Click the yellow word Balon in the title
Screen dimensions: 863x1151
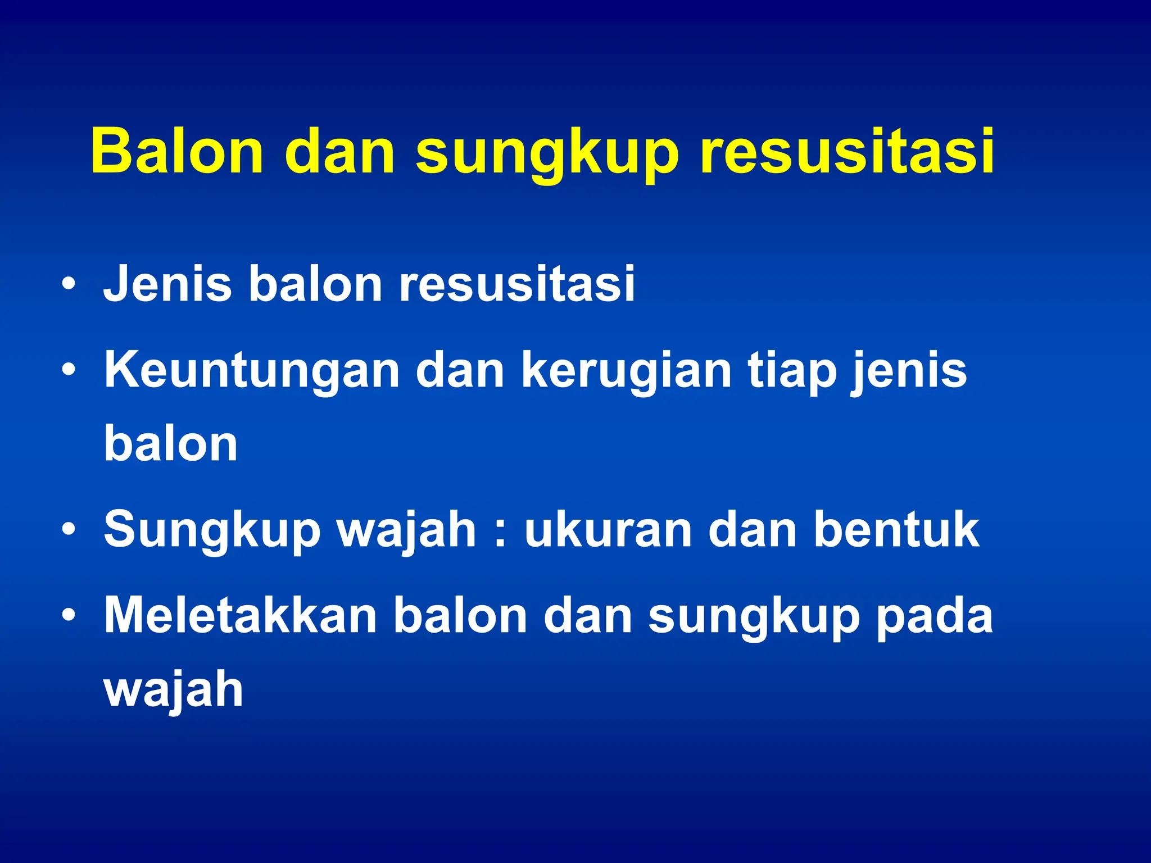[x=176, y=152]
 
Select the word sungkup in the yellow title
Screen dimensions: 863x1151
[x=547, y=155]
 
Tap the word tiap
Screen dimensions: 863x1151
[x=791, y=372]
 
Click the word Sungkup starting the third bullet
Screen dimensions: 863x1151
[x=212, y=531]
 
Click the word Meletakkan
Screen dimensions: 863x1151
[x=241, y=616]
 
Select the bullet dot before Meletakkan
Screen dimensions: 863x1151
[x=69, y=616]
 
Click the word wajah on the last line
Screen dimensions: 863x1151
[x=174, y=691]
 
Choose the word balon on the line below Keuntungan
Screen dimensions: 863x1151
[x=171, y=444]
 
